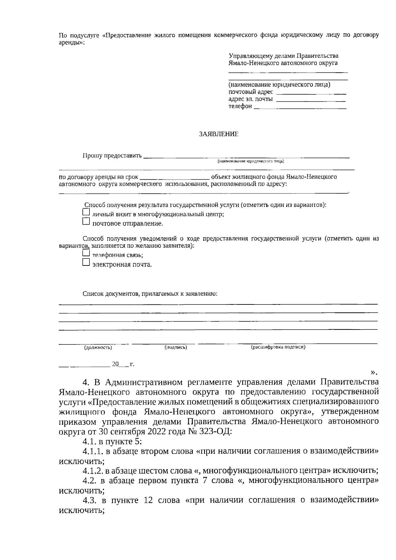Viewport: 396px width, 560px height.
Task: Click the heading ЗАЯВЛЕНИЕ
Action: coord(218,134)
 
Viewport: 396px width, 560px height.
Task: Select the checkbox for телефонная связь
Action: coord(86,253)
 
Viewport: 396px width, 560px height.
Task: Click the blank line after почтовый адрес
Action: coord(311,94)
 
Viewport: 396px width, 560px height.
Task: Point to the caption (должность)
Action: coord(98,347)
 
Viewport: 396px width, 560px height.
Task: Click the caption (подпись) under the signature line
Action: coord(176,347)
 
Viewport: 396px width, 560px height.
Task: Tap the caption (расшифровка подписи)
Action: coord(278,347)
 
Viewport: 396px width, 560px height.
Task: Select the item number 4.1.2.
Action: coord(93,471)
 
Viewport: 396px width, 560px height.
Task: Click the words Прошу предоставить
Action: coord(112,156)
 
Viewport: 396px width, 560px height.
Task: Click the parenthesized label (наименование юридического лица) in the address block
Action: coord(279,85)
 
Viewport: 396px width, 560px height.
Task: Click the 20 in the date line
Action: coord(115,364)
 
